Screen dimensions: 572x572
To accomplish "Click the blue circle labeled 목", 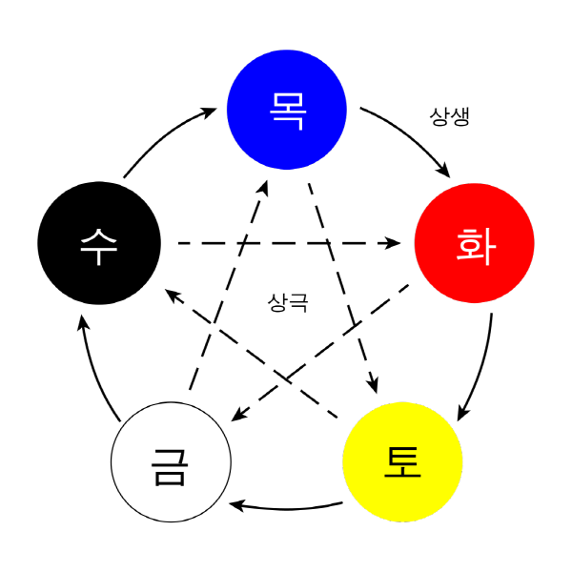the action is pyautogui.click(x=287, y=110).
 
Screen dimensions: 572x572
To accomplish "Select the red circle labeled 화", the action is pyautogui.click(x=475, y=243).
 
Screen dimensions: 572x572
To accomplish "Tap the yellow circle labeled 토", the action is pyautogui.click(x=402, y=461).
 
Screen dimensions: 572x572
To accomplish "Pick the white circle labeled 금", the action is pyautogui.click(x=171, y=461).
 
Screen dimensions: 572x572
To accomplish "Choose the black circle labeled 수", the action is pyautogui.click(x=99, y=243).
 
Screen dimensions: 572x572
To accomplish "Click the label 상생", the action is pyautogui.click(x=449, y=116).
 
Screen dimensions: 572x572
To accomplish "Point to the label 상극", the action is pyautogui.click(x=288, y=303).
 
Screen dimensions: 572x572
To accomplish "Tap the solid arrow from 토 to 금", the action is pyautogui.click(x=286, y=508).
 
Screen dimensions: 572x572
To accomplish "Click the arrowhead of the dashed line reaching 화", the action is pyautogui.click(x=394, y=243).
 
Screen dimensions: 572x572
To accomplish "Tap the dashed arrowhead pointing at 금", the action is pyautogui.click(x=239, y=415).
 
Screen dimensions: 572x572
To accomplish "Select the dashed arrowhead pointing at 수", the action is pyautogui.click(x=173, y=295).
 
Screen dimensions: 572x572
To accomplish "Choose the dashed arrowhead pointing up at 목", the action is pyautogui.click(x=264, y=188).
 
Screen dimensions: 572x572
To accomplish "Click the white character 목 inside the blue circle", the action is pyautogui.click(x=287, y=111).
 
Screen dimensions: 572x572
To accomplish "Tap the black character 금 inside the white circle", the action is pyautogui.click(x=170, y=467).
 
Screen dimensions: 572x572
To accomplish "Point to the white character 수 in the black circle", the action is pyautogui.click(x=99, y=247).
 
